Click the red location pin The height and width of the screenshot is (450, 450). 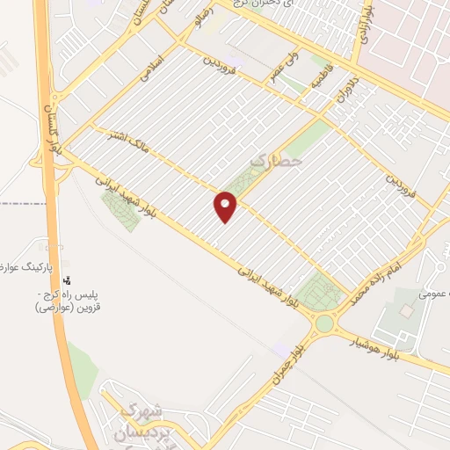226,207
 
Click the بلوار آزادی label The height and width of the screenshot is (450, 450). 363,26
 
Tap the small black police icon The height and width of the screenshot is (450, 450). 66,281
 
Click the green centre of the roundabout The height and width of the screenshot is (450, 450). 324,323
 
